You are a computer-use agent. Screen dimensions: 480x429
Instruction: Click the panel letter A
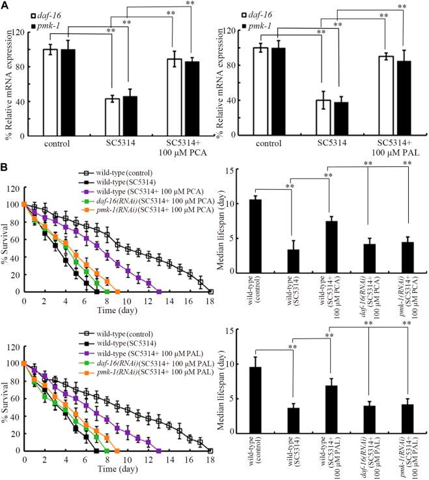[5, 6]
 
